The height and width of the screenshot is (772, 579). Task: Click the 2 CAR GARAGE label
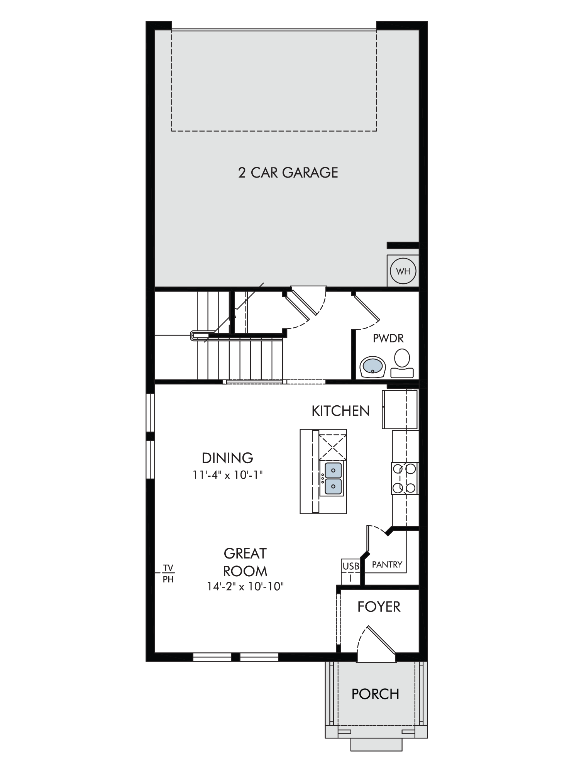point(288,173)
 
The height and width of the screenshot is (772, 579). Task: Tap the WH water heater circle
point(403,271)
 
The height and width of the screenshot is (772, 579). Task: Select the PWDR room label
point(388,339)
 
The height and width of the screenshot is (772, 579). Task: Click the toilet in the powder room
point(402,363)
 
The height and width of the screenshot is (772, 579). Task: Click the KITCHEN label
point(340,411)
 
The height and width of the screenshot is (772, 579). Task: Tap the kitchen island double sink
point(333,479)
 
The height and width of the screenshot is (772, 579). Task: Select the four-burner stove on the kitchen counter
point(405,479)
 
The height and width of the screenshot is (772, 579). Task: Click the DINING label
point(227,458)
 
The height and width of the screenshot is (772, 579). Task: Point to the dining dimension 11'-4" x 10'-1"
point(228,475)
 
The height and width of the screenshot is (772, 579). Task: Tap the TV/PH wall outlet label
point(168,574)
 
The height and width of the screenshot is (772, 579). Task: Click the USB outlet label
point(350,567)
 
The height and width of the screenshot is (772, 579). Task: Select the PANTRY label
point(387,565)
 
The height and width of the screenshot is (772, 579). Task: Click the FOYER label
point(379,607)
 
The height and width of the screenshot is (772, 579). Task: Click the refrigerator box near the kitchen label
point(400,409)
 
